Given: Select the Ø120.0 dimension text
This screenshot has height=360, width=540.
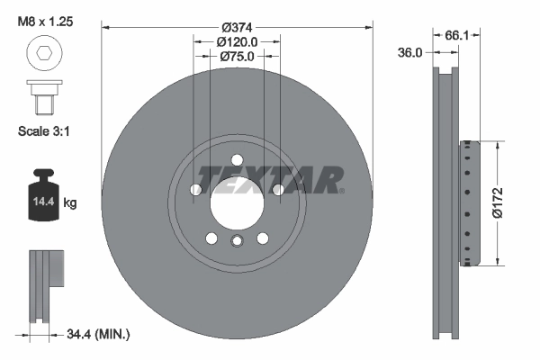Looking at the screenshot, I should click(238, 40).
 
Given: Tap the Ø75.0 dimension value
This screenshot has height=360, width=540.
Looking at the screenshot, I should click(238, 56).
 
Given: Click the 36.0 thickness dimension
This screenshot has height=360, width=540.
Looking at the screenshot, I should click(410, 53).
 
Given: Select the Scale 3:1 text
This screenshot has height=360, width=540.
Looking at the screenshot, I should click(44, 130).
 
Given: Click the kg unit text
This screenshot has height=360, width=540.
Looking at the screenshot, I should click(71, 203).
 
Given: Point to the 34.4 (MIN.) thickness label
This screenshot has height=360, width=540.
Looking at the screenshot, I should click(98, 335).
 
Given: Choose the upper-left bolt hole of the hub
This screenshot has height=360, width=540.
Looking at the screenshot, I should click(196, 190).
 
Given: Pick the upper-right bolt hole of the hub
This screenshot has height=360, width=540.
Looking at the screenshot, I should click(278, 190).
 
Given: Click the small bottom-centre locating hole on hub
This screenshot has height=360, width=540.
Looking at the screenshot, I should click(237, 241).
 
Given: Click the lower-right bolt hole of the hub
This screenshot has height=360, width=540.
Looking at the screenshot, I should click(263, 238).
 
